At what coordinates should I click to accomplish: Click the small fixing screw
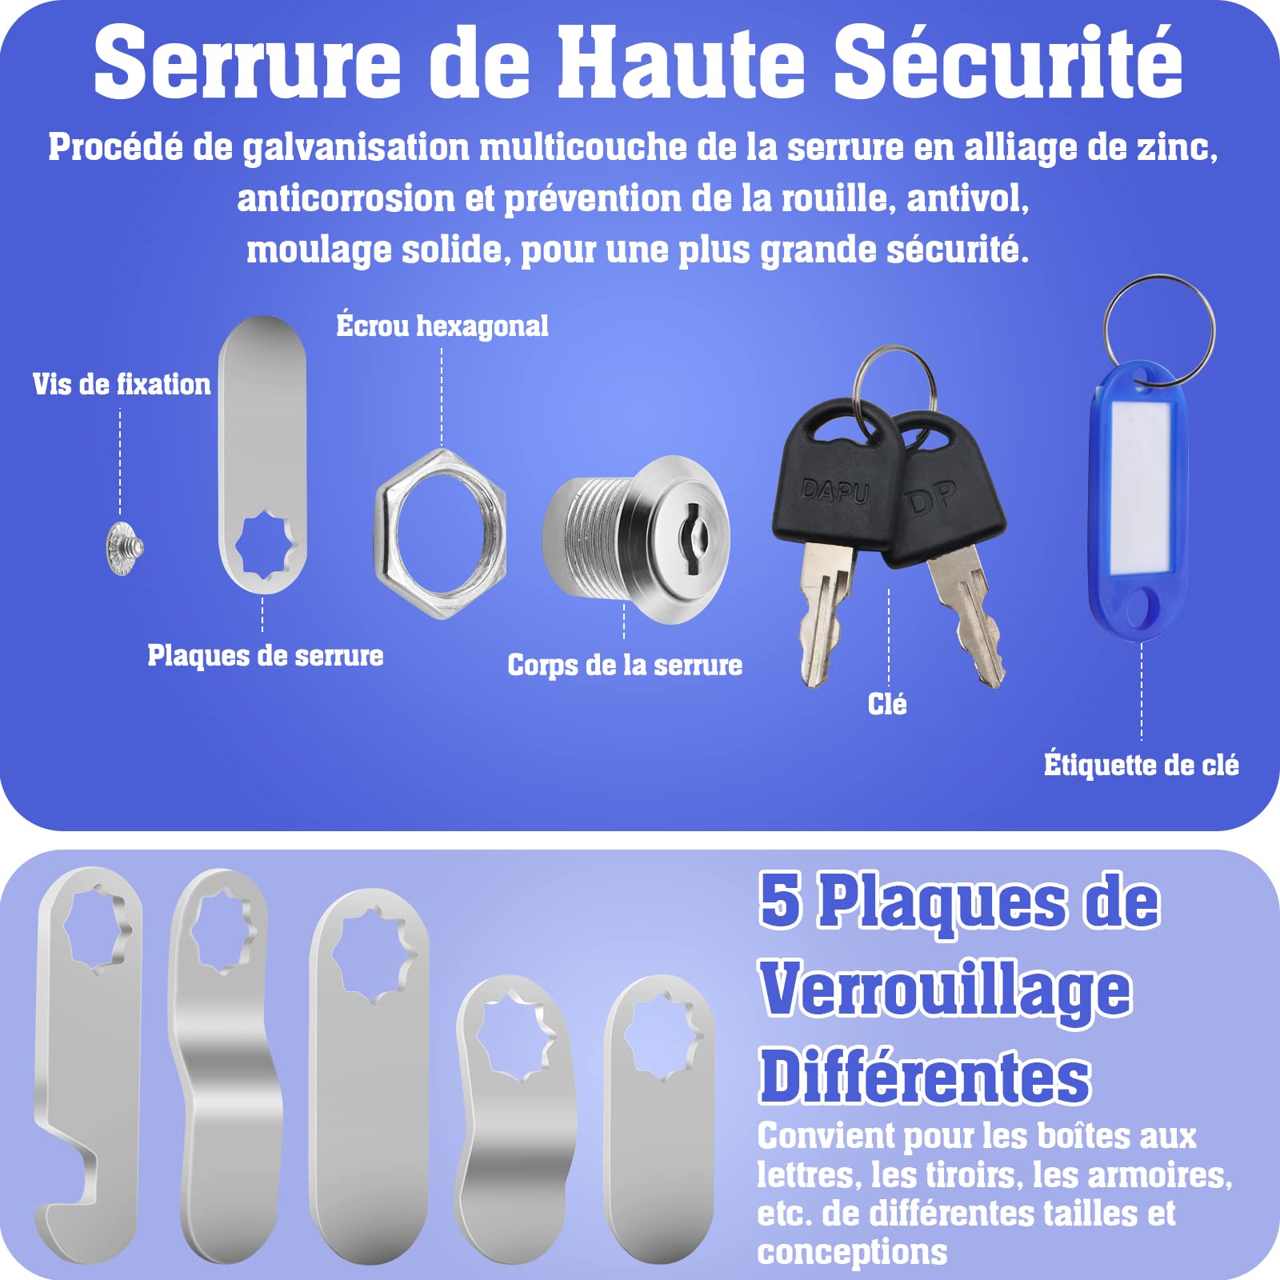124,547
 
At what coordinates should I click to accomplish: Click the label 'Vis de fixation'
122,384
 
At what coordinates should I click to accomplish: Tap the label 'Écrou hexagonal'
442,326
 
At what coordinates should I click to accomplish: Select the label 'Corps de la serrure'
625,666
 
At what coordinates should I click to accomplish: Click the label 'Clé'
887,704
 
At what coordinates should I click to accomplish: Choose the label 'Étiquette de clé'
1142,765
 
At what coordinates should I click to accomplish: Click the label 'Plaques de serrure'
266,656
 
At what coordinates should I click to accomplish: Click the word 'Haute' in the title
681,62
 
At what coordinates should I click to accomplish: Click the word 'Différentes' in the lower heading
925,1077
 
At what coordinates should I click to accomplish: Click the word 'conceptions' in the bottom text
852,1251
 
